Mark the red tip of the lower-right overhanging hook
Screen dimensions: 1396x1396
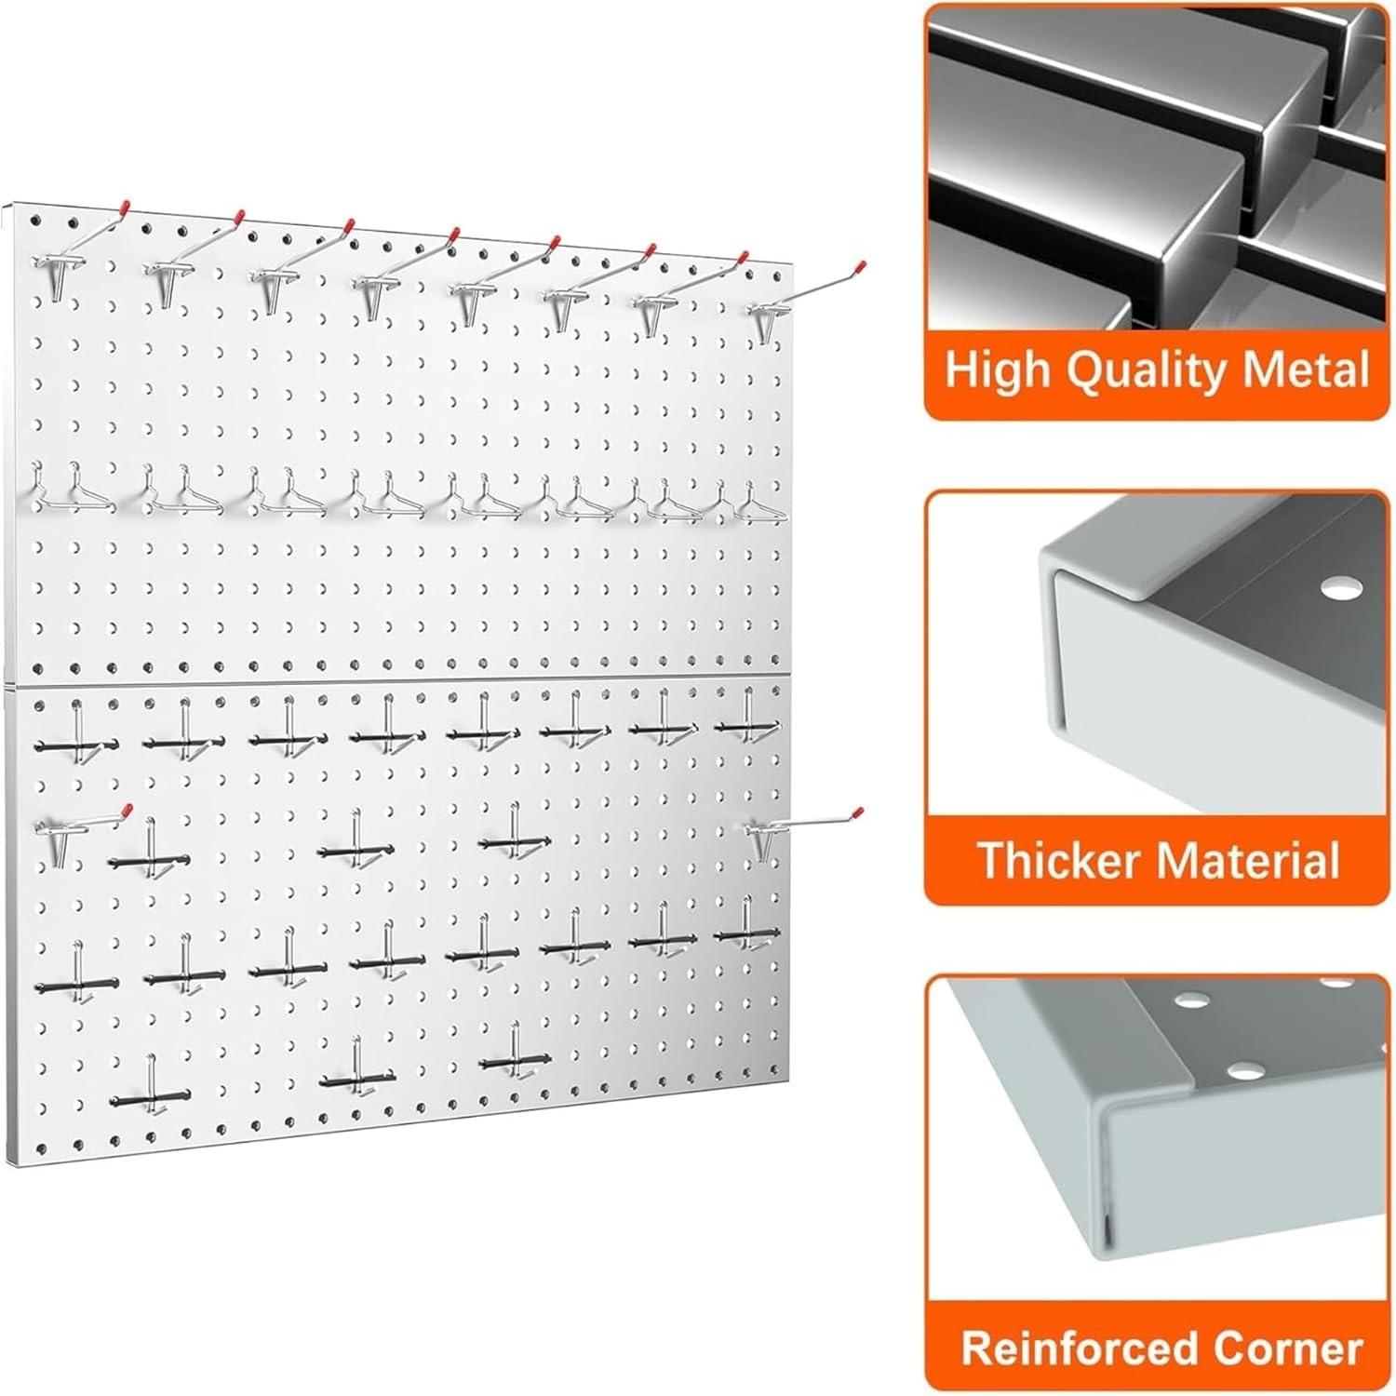tap(858, 812)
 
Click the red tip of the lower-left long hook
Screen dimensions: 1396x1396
tap(127, 810)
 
